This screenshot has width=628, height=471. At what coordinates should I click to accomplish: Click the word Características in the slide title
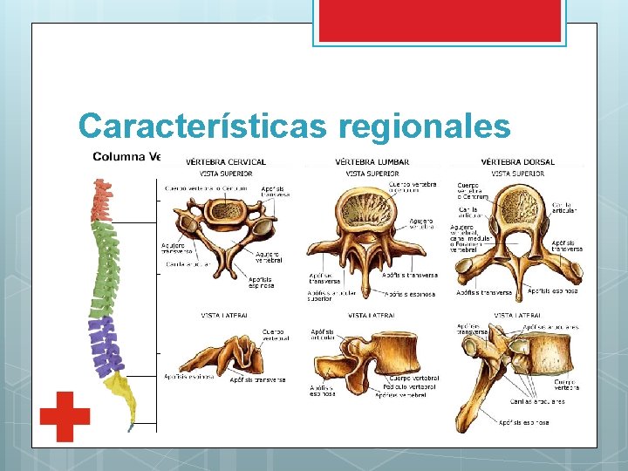(202, 126)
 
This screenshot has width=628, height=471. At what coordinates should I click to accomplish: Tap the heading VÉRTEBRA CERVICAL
(228, 161)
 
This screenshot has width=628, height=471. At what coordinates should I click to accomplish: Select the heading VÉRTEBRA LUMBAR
(372, 161)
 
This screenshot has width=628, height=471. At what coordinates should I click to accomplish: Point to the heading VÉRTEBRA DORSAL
(518, 161)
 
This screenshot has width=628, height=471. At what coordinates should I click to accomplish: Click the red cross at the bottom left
(65, 416)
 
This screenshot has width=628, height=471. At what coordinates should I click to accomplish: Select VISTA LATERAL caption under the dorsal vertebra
(515, 316)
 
